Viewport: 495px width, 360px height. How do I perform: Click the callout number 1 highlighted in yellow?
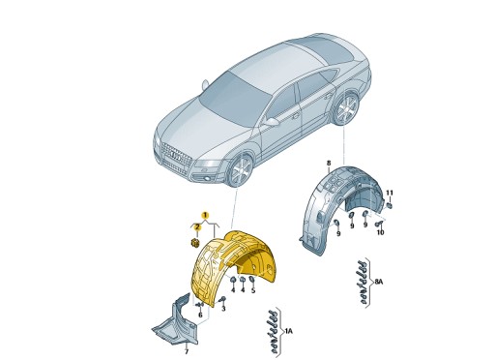204,213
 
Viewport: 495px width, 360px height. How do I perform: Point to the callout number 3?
222,308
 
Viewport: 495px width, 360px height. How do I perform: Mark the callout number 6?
199,315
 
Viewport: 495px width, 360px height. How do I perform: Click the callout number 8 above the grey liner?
328,162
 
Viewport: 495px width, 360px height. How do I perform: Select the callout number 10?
380,233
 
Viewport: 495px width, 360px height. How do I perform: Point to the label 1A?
287,331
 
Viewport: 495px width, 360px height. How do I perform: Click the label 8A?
379,283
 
